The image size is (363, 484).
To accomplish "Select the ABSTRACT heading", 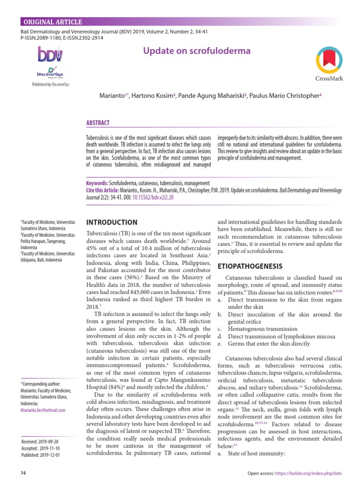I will pyautogui.click(x=98, y=123).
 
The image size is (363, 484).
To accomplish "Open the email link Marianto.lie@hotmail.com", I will pyautogui.click(x=43, y=410).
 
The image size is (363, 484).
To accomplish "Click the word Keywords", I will pyautogui.click(x=97, y=183).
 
